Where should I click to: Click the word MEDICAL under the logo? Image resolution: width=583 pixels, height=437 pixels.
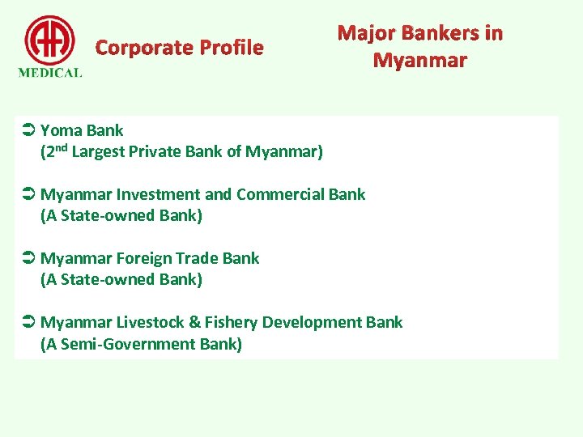49,72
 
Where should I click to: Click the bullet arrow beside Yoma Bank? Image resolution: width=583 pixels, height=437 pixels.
27,130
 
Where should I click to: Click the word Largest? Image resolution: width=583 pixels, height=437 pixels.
100,151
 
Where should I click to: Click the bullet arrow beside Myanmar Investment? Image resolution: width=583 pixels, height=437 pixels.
27,194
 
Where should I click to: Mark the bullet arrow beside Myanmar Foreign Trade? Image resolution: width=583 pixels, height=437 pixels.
27,258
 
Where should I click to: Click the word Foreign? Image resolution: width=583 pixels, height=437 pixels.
145,258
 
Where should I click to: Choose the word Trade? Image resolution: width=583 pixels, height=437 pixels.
199,258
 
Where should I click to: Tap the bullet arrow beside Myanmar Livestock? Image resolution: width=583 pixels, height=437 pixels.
27,322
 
